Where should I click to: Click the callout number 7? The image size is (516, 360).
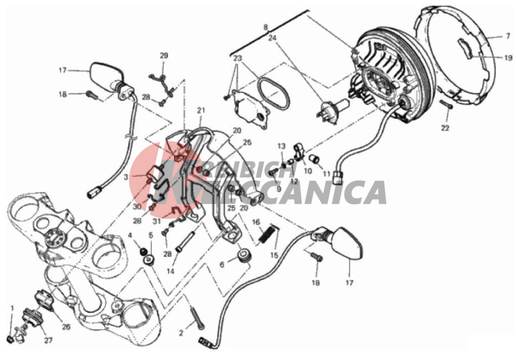coord(508,36)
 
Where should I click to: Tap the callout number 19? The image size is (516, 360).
coord(508,58)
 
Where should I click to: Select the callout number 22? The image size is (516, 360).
coord(445,128)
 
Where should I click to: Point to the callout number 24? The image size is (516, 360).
coord(272,38)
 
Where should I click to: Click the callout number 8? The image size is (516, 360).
coord(266,27)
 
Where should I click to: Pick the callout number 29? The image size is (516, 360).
coord(164,55)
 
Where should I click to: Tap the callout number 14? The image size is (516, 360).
coord(171,271)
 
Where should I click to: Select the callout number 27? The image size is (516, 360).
coord(48,341)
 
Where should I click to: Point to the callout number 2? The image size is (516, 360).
coord(181,333)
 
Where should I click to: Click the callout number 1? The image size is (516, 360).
coord(13,308)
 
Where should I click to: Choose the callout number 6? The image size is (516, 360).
coord(222,264)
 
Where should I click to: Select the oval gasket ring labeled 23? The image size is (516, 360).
coord(274,92)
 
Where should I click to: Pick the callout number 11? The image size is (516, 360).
coord(326,173)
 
